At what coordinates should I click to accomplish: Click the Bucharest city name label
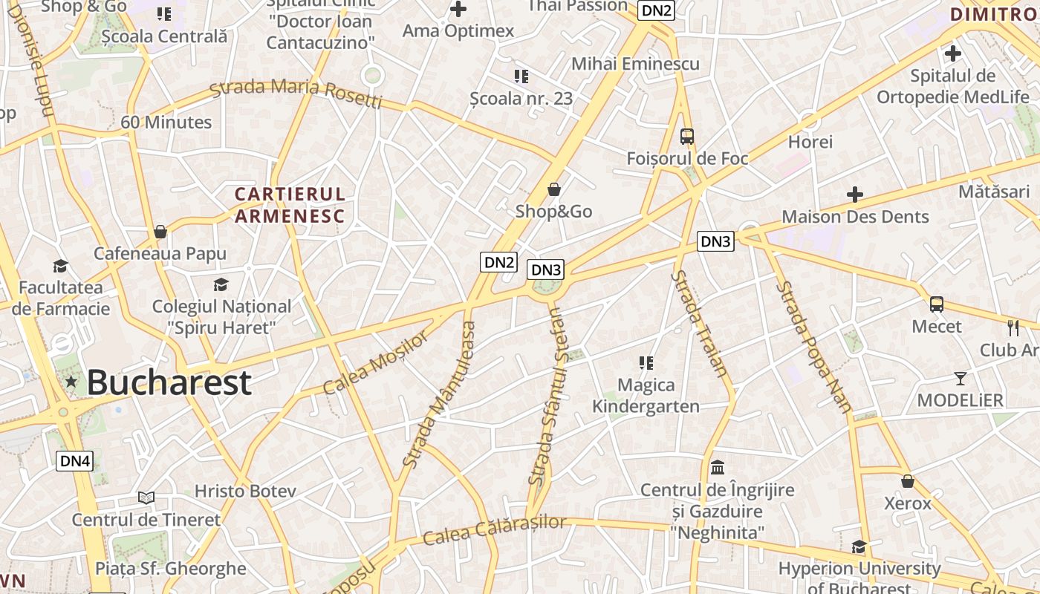(x=169, y=382)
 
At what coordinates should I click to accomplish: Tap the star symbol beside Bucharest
(x=71, y=382)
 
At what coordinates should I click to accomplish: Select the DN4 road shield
(x=75, y=461)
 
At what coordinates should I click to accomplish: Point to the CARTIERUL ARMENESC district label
(x=290, y=205)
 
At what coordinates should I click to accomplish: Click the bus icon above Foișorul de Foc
(x=687, y=137)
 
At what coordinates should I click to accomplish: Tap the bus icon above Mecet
(x=937, y=304)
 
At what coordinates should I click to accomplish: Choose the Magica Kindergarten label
(x=645, y=396)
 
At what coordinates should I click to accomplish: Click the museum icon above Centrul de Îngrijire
(x=718, y=468)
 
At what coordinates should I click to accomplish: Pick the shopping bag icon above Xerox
(x=907, y=481)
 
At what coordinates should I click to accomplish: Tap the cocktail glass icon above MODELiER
(x=961, y=379)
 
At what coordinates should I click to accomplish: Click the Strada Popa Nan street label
(x=813, y=346)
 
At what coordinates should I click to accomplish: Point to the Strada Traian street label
(x=698, y=324)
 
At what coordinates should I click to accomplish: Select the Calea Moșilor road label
(x=376, y=363)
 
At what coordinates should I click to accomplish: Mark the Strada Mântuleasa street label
(x=439, y=394)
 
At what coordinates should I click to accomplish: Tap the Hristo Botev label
(x=245, y=491)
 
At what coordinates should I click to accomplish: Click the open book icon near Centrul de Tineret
(x=146, y=497)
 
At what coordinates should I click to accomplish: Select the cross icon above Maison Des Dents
(x=855, y=195)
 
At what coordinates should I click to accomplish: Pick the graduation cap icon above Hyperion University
(x=859, y=547)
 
